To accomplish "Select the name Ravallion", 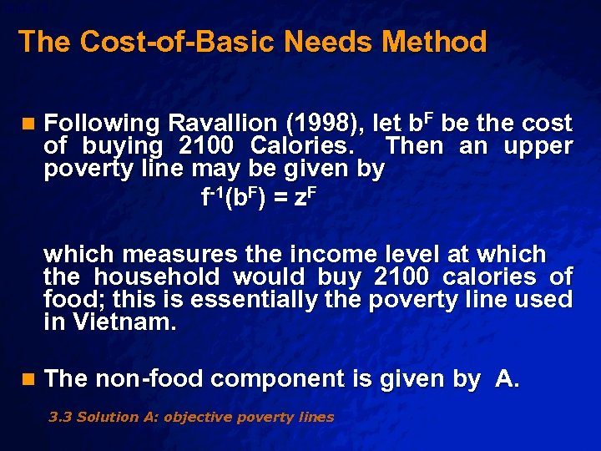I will tap(221, 124).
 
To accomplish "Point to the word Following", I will tap(101, 124).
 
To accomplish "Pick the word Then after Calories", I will tap(416, 146).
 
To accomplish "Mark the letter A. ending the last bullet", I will tap(508, 379).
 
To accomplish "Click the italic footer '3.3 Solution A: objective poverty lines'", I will tap(191, 417).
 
